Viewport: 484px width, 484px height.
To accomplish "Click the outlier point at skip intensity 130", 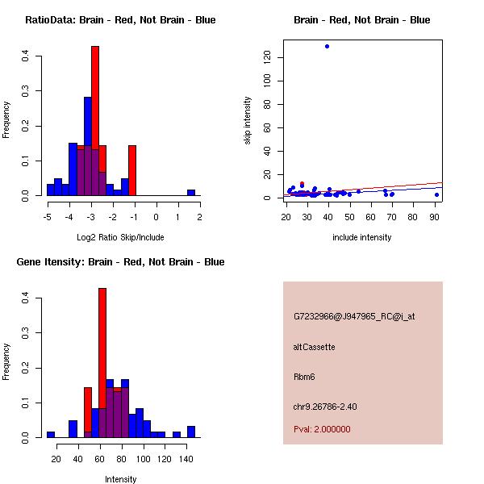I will pos(327,46).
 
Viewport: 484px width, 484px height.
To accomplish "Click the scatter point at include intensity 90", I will pos(436,194).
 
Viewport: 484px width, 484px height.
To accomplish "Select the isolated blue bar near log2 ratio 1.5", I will pos(191,193).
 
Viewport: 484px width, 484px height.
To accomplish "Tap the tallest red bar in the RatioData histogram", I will pos(95,121).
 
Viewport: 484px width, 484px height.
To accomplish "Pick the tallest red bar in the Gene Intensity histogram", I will pos(102,363).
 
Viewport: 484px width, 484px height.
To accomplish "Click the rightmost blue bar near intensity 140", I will pos(191,432).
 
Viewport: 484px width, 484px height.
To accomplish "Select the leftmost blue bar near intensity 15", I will pos(51,435).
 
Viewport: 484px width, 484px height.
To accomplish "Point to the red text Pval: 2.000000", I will pos(322,429).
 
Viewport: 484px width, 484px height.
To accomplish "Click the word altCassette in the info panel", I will pos(314,347).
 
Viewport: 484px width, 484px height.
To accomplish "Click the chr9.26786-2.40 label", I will pos(325,407).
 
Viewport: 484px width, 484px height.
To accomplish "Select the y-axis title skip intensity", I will pos(248,120).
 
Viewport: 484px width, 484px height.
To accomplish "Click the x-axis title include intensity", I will pos(363,237).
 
